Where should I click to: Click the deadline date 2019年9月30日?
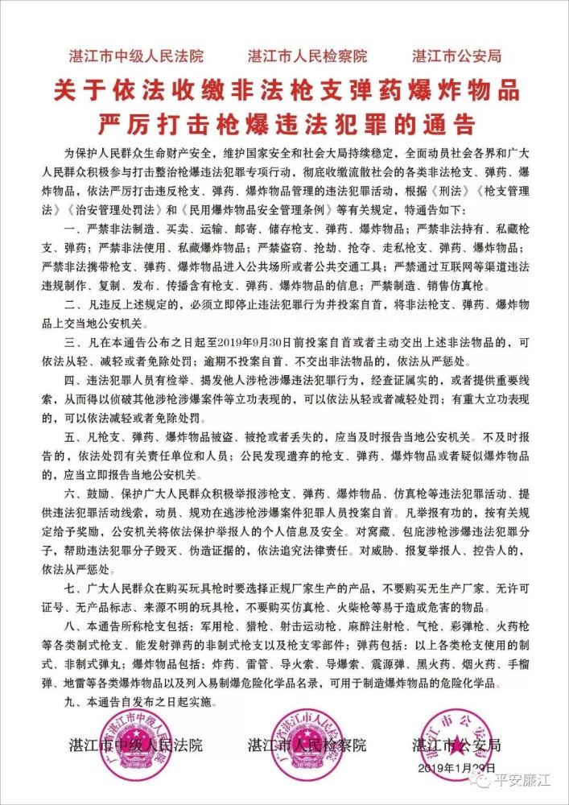pyautogui.click(x=254, y=341)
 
